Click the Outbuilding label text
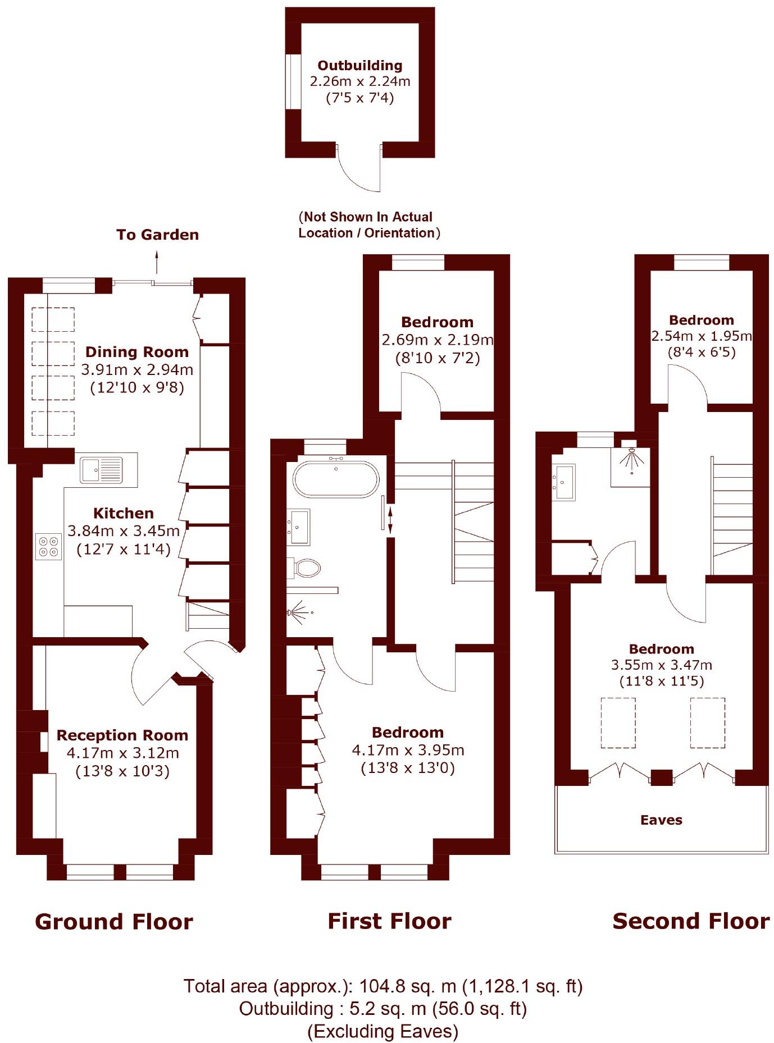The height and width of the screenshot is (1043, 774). click(x=360, y=65)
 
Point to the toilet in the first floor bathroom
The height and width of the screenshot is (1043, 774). click(x=306, y=567)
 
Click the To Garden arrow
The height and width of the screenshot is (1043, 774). click(x=157, y=262)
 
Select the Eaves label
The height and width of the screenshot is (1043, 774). click(x=661, y=820)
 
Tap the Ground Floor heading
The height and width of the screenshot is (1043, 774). click(x=114, y=922)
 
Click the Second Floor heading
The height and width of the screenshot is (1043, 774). click(x=691, y=921)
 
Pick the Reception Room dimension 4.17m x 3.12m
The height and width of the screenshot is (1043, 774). click(x=122, y=753)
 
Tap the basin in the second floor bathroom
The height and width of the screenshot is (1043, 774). click(x=564, y=482)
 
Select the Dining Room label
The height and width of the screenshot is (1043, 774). click(x=136, y=352)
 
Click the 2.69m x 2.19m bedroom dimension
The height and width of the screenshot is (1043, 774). click(x=437, y=340)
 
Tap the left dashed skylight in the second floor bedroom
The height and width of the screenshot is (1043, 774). click(x=618, y=722)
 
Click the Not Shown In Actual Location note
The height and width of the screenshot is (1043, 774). click(x=369, y=225)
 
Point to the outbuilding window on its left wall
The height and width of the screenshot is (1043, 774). click(x=293, y=82)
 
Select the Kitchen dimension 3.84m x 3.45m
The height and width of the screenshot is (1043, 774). click(x=124, y=530)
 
